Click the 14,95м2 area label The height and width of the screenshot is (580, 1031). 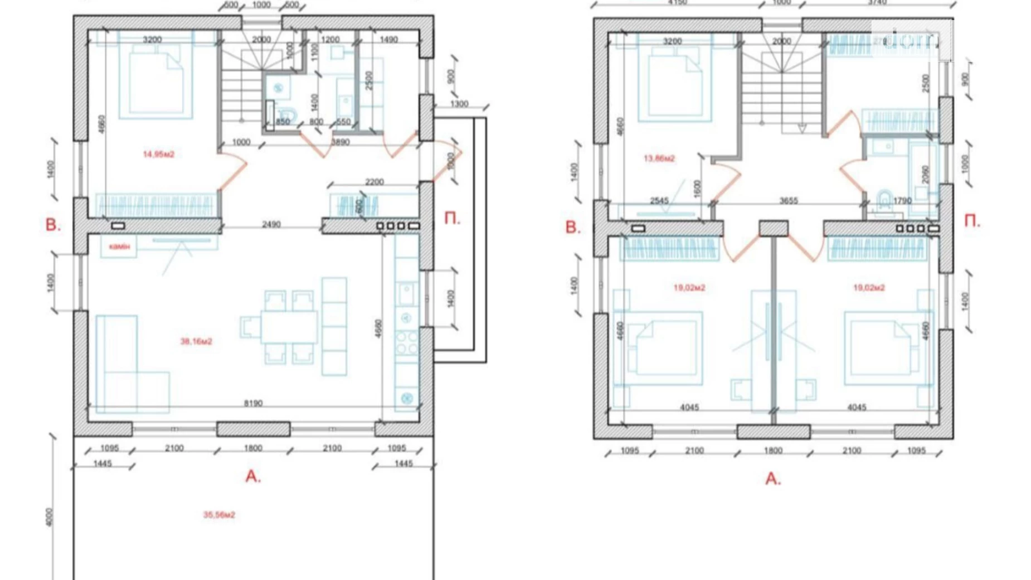(158, 154)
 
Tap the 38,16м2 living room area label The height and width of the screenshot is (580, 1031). (196, 341)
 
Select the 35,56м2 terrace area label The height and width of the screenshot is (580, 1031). (219, 514)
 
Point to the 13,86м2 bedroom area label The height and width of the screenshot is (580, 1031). (659, 158)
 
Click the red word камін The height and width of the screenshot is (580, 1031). (119, 246)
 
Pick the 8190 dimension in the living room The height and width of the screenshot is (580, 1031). (253, 403)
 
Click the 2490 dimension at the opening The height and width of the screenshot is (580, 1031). (271, 224)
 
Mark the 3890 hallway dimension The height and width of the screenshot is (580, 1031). (340, 142)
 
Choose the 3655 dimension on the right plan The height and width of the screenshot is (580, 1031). (788, 201)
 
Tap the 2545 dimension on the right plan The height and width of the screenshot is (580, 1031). (659, 201)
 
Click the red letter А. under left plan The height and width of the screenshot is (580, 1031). (253, 476)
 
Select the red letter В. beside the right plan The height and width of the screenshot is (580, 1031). (572, 228)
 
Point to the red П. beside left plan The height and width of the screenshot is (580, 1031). (452, 219)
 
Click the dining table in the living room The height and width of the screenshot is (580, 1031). (289, 327)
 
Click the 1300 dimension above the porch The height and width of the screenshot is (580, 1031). (459, 104)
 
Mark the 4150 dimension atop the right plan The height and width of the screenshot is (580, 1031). (677, 3)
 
